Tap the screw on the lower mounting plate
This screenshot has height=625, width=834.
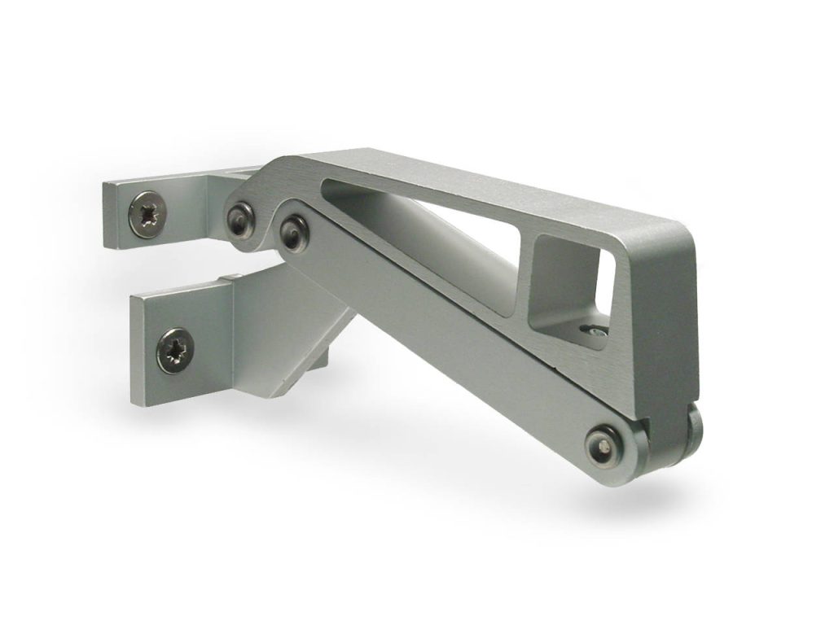[175, 350]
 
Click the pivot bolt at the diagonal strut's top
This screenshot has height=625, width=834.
[293, 232]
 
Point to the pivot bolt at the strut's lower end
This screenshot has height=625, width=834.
[604, 444]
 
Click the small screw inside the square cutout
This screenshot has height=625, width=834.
[597, 330]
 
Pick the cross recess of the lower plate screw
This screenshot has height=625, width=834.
[175, 350]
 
